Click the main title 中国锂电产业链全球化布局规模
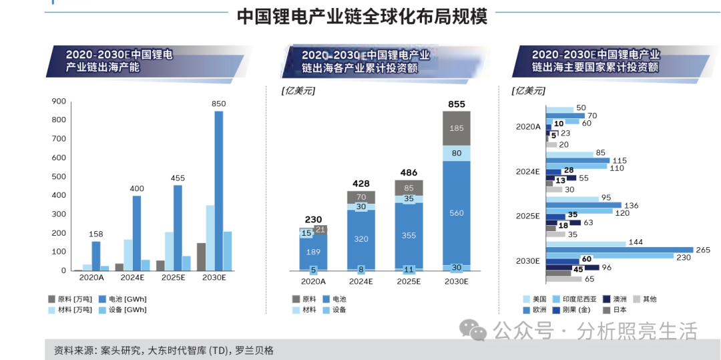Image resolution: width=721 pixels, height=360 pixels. click(x=362, y=16)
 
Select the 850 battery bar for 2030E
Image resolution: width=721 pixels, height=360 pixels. click(x=218, y=190)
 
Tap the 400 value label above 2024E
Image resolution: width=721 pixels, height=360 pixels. click(x=136, y=189)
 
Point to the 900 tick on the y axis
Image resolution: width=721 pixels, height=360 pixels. click(x=58, y=102)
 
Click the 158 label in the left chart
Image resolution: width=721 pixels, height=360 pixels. click(x=95, y=234)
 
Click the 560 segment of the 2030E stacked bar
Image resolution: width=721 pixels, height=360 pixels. click(x=456, y=214)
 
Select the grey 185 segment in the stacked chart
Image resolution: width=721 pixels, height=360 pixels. click(x=456, y=128)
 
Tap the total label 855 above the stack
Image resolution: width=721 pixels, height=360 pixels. click(x=457, y=104)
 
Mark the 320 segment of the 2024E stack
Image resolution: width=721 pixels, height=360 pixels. click(x=360, y=238)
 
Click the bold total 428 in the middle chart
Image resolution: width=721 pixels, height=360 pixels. click(x=361, y=183)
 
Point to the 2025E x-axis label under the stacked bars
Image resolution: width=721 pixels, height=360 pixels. click(x=409, y=282)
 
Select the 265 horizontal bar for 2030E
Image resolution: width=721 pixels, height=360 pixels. click(x=619, y=250)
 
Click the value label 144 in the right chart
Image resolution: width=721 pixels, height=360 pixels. click(x=636, y=242)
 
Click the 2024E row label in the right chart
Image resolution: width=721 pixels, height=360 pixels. click(x=527, y=171)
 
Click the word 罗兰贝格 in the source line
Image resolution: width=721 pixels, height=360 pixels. click(x=254, y=350)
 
